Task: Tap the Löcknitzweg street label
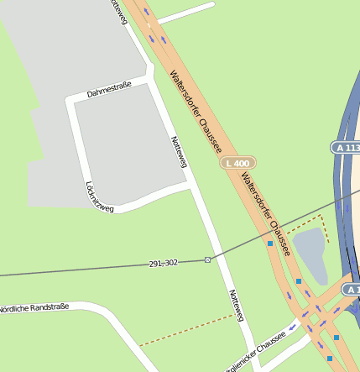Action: [x=99, y=196]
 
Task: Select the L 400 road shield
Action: [x=238, y=162]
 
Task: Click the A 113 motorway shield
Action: [x=345, y=147]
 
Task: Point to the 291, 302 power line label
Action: [x=164, y=264]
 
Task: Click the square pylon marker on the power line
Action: [x=207, y=259]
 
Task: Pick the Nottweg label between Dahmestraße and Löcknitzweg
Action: [x=179, y=151]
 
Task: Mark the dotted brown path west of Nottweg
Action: [x=185, y=330]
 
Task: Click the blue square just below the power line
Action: [x=270, y=244]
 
